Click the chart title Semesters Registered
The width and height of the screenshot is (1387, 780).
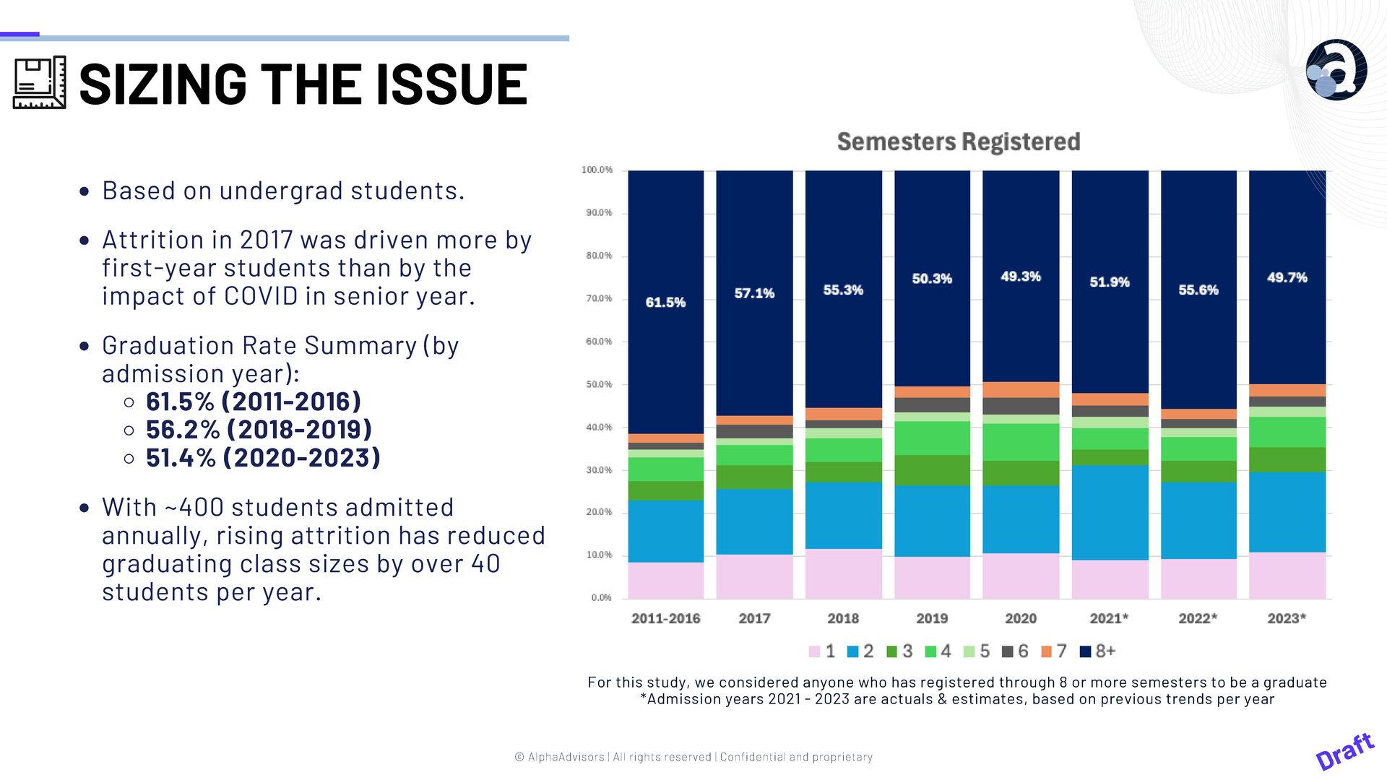958,142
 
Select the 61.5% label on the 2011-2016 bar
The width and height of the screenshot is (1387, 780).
665,303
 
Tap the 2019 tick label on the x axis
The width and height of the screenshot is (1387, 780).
932,619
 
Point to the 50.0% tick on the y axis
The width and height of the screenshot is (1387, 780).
599,384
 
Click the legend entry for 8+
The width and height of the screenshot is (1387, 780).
1098,651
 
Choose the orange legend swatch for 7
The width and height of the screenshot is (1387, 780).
1046,652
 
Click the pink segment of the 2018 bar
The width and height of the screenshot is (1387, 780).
843,573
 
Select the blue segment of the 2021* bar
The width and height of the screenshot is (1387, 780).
1110,513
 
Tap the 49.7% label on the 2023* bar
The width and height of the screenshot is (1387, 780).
1287,278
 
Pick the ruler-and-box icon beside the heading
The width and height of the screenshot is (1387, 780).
40,83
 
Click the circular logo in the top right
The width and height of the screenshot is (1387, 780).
1336,70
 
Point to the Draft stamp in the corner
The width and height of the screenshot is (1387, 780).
1344,751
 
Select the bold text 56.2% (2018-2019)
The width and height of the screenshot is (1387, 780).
259,430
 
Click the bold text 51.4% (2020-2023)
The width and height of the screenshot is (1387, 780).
263,458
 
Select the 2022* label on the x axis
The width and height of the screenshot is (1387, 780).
1198,619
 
